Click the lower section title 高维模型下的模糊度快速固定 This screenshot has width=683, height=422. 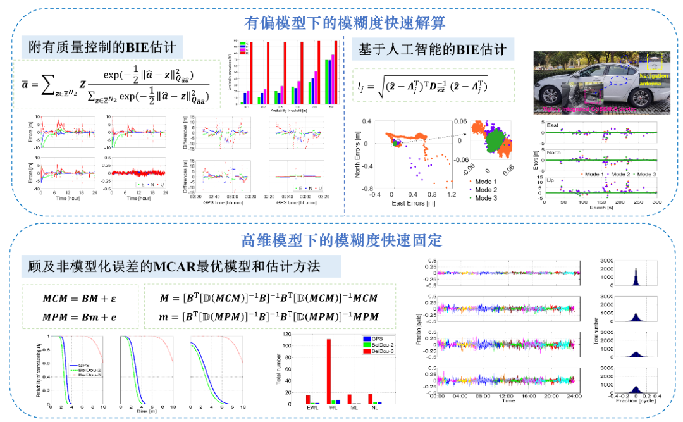coord(341,240)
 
